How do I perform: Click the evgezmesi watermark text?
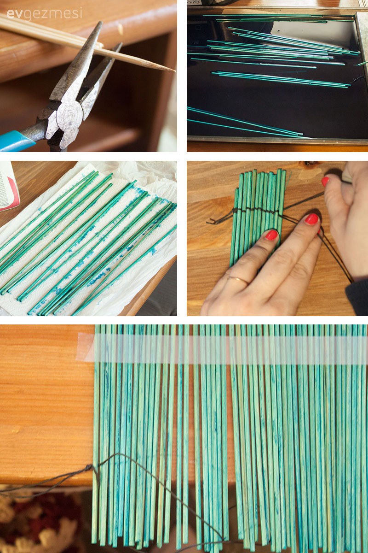[44, 14]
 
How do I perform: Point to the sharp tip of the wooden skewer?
[174, 71]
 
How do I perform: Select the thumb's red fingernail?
[325, 182]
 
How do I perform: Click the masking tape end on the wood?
[85, 347]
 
